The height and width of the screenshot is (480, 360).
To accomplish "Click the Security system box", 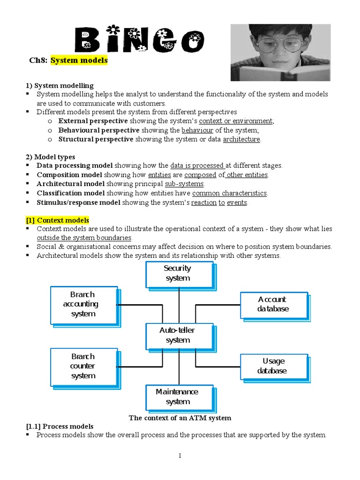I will [x=178, y=273].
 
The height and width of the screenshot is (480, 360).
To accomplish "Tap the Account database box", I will [x=273, y=304].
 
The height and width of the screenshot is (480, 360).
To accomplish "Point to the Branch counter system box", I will [x=83, y=366].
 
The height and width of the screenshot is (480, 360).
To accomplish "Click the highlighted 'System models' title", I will [x=79, y=60].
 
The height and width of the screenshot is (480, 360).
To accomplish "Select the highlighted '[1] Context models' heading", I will [x=57, y=220].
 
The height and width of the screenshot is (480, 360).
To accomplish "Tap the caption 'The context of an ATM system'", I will [x=180, y=418].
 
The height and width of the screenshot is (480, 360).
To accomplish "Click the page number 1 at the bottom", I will [x=180, y=456].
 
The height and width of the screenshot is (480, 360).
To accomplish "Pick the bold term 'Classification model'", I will [x=71, y=193].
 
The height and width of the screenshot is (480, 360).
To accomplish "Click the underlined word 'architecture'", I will [x=241, y=139].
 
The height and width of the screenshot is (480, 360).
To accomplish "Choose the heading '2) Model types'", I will [x=50, y=157].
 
